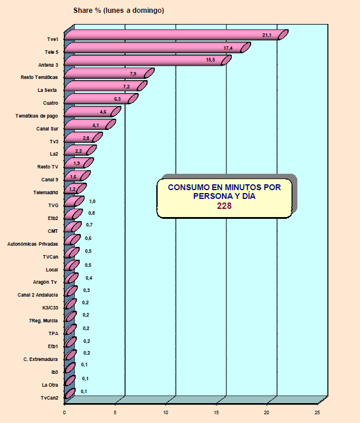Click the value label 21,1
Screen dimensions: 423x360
coord(267,36)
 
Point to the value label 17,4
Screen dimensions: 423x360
coord(228,48)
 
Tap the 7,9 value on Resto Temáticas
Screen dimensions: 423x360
coord(132,74)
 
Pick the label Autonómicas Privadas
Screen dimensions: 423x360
coord(32,243)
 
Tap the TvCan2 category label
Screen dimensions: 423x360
coord(49,398)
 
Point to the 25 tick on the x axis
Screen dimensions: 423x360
coord(318,411)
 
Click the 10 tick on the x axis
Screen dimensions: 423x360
coord(166,411)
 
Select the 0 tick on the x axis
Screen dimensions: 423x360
coord(64,411)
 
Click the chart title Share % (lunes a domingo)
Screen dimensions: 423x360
coord(118,11)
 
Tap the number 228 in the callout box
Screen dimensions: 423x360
coord(224,206)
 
